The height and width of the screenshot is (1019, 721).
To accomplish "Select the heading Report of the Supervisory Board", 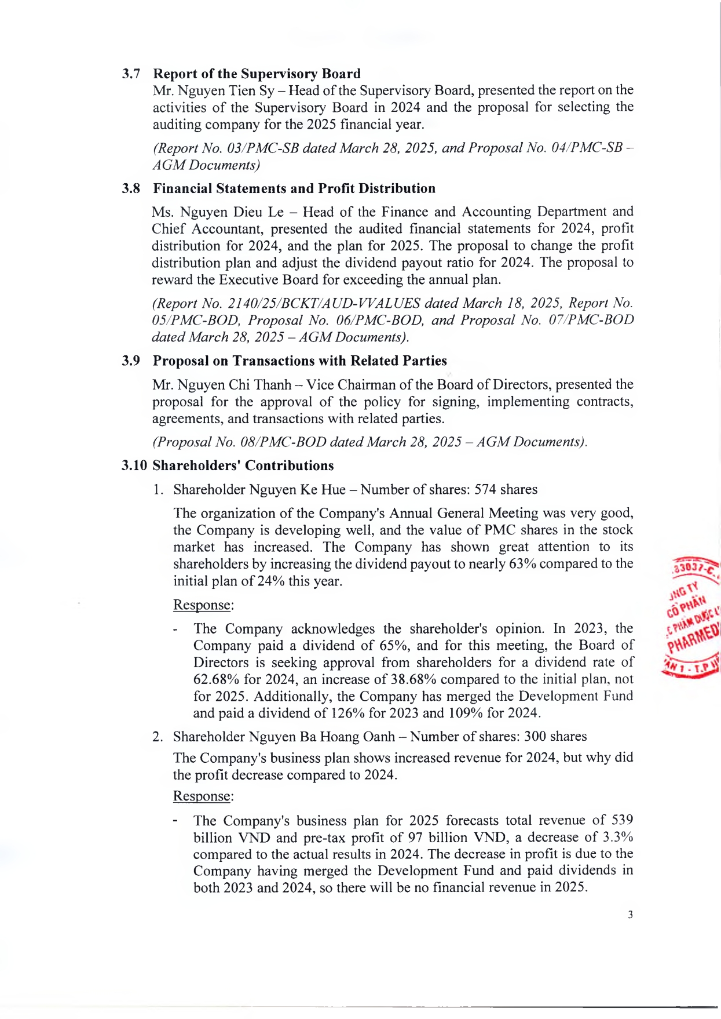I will coord(257,74).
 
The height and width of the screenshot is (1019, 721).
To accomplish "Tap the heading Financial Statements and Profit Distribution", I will coord(294,189).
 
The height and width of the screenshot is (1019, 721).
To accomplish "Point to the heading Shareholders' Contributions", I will coord(243,466).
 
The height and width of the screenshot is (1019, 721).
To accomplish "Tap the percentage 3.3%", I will coord(618,837).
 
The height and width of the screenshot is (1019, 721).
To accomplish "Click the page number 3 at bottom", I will coord(630,915).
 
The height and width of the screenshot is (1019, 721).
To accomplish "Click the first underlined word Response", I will coord(202,605).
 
